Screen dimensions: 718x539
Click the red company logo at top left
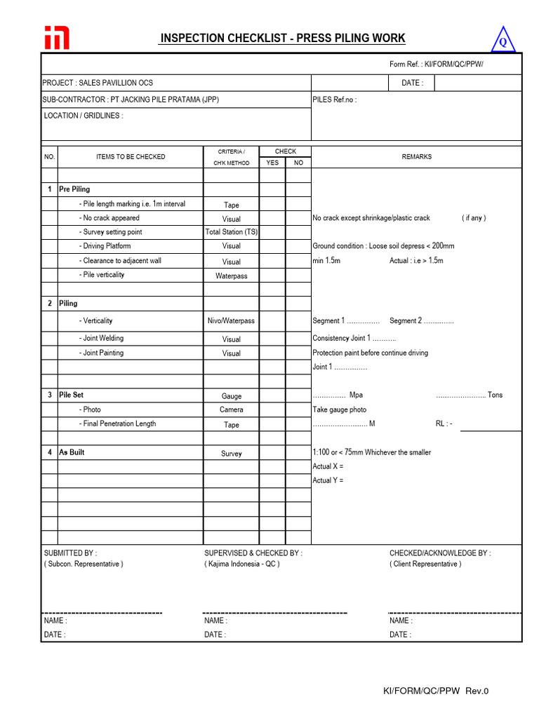58,38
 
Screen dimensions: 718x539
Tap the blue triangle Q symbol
503,41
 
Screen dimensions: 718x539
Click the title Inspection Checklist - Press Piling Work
282,39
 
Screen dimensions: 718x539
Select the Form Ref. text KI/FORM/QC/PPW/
437,65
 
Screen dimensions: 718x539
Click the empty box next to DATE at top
477,83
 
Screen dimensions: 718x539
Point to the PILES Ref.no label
334,100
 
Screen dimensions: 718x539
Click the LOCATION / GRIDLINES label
84,116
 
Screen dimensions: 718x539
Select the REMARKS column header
416,157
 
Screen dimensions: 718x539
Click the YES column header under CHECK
272,163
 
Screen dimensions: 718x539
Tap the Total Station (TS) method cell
232,232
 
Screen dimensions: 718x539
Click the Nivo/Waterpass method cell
232,321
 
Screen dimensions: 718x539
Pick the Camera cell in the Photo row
232,409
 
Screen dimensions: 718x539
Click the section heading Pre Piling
74,189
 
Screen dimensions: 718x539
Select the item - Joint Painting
103,353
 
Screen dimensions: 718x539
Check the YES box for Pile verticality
272,276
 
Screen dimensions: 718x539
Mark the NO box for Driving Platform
298,246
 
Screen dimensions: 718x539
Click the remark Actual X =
328,466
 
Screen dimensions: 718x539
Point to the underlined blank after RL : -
491,426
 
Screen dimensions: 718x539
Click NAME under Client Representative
401,621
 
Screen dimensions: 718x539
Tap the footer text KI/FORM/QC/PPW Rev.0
435,691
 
